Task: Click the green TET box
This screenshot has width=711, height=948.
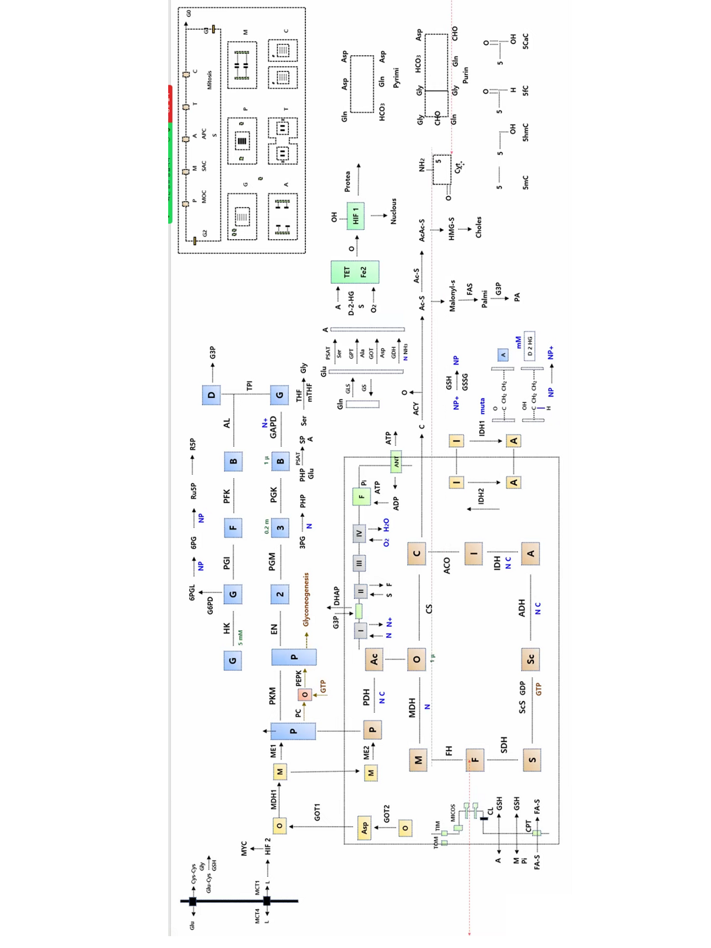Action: (x=354, y=272)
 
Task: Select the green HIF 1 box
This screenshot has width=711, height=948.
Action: (x=355, y=216)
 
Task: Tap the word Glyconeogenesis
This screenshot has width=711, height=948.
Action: (x=306, y=599)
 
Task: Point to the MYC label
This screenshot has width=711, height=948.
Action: (x=244, y=848)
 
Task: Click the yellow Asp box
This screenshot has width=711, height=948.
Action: (x=364, y=827)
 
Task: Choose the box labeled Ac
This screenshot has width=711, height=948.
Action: (x=374, y=659)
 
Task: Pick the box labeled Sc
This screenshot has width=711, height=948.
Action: (x=530, y=659)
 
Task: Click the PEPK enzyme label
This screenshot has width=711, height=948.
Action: (x=299, y=678)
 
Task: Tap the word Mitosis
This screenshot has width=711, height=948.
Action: (x=209, y=80)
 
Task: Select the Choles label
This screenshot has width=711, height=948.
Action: (x=479, y=227)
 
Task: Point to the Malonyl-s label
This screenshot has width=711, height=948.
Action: (x=452, y=296)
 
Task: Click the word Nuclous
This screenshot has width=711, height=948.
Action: (x=393, y=212)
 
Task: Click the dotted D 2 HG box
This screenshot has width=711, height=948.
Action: (x=529, y=346)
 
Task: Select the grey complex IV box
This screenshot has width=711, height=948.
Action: (x=359, y=533)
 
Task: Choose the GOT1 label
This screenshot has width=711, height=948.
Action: (x=317, y=812)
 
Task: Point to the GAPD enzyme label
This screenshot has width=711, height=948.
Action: (x=273, y=427)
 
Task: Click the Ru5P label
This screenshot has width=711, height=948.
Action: (x=194, y=491)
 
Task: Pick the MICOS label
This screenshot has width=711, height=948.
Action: (x=453, y=813)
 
